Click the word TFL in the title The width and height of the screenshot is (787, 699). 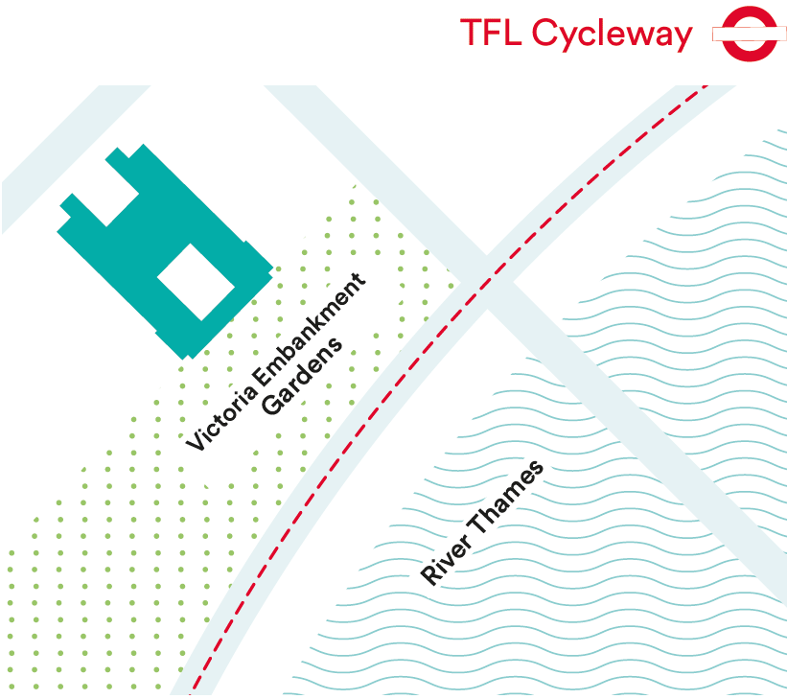pos(491,33)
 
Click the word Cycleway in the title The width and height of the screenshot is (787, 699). pos(612,35)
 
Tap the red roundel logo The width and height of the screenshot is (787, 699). pos(749,34)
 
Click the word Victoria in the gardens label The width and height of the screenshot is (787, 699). pos(221,418)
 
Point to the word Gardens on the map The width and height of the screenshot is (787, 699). pos(302,376)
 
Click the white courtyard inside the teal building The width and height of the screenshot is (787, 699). pos(196,282)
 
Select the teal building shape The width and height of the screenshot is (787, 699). pos(165,251)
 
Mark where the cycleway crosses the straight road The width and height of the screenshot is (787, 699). pos(487,284)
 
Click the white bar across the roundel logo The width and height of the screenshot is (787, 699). pos(749,35)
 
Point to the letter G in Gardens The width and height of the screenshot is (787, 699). pos(272,405)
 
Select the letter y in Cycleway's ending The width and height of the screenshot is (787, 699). pos(682,39)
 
